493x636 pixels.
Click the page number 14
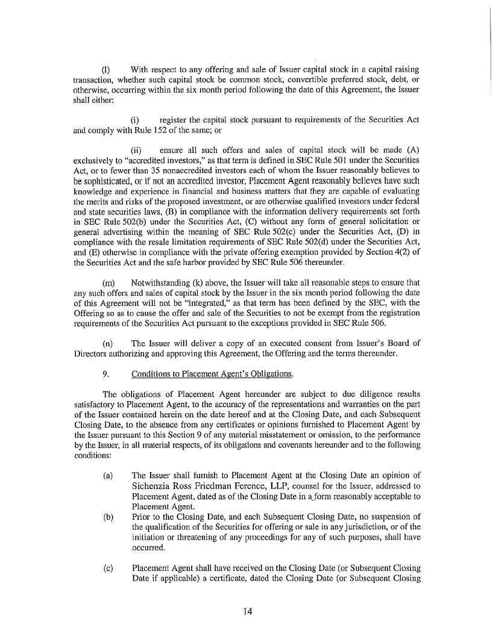247,611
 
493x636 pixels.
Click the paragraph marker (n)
108,343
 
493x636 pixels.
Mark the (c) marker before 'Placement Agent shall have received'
108,568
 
